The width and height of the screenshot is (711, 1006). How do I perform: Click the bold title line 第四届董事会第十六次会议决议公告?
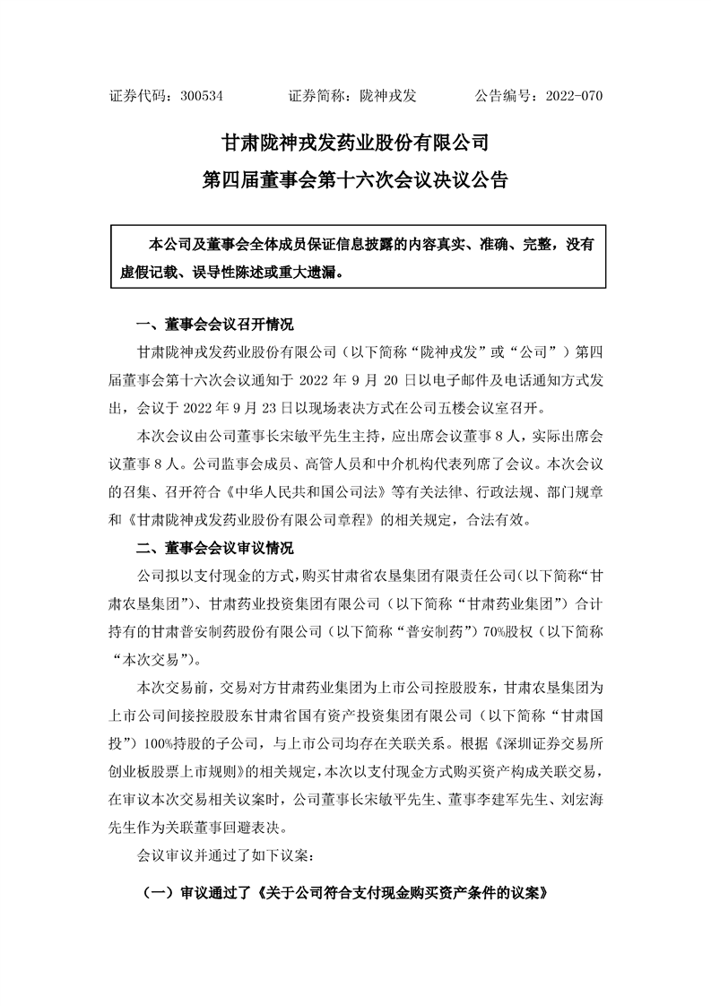tap(355, 180)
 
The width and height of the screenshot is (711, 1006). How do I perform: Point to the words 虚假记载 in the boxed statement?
tap(147, 271)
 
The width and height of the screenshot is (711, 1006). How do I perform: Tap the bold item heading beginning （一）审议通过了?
tap(344, 895)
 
